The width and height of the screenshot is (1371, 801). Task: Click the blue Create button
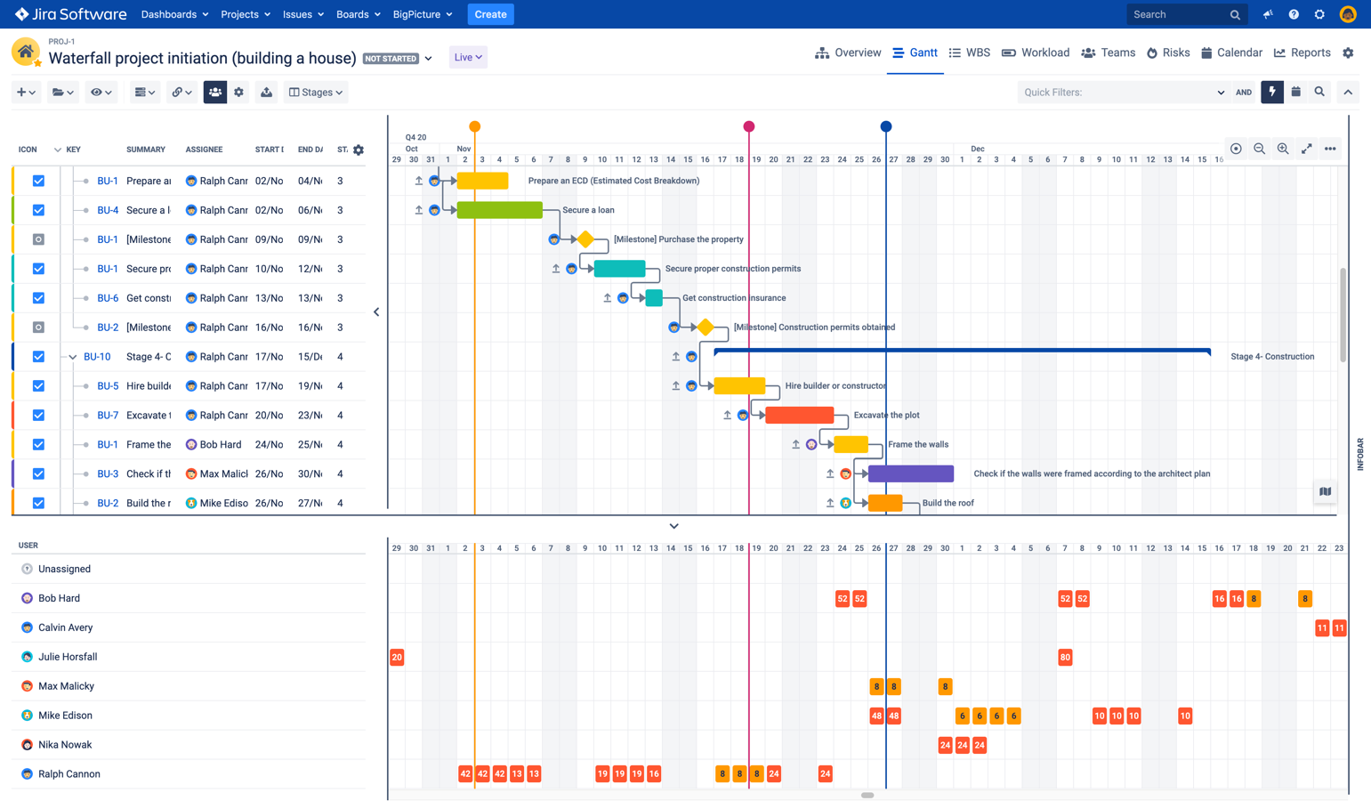(x=490, y=14)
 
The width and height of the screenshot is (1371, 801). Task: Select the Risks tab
(x=1168, y=53)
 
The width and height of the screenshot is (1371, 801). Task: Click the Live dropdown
(x=468, y=57)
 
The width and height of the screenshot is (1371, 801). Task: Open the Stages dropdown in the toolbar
(x=316, y=92)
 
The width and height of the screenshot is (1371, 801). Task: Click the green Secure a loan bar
(x=499, y=210)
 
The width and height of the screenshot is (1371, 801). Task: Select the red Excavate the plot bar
(x=799, y=415)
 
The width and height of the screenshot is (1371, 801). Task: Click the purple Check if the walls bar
(x=910, y=473)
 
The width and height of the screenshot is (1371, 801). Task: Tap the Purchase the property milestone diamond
(x=585, y=239)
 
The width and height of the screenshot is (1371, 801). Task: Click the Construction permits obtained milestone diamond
(x=706, y=328)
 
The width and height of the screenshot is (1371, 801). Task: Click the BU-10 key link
(x=97, y=357)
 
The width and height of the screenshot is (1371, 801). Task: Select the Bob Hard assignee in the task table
(x=220, y=444)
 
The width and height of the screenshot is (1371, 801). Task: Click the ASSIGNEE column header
(x=204, y=150)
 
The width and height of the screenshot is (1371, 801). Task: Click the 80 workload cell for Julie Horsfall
(x=1065, y=657)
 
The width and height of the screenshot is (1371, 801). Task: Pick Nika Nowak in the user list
(x=65, y=745)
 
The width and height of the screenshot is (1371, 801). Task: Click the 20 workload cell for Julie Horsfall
(x=397, y=657)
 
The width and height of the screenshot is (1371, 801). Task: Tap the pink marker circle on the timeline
(x=749, y=126)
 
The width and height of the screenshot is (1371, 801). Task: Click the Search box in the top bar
(x=1179, y=14)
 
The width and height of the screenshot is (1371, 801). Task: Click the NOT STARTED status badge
(x=391, y=59)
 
